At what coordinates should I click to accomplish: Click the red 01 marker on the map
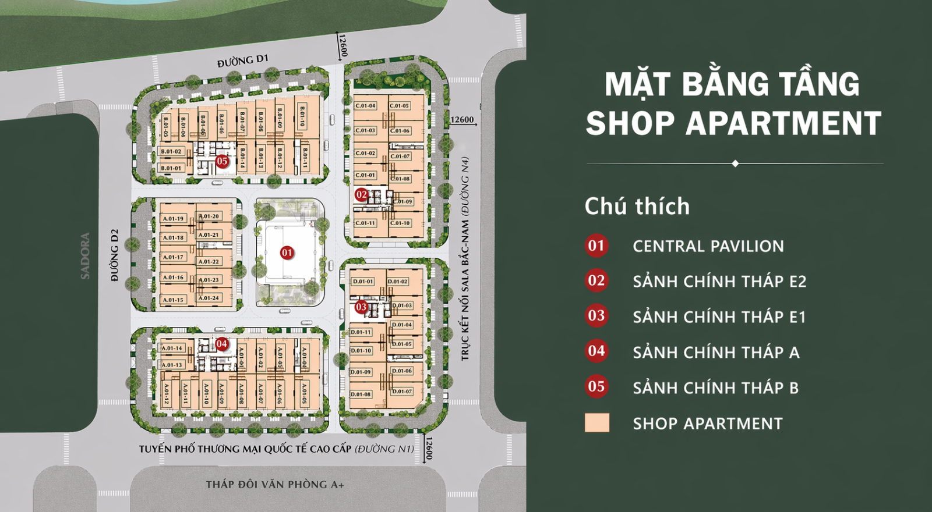click(x=287, y=253)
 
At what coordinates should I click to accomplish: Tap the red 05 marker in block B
click(x=222, y=161)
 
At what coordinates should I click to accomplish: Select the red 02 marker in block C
click(x=362, y=195)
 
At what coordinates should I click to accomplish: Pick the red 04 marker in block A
click(x=221, y=344)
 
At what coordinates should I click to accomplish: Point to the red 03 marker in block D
click(x=361, y=307)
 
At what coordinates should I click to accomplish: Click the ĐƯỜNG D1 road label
click(x=243, y=61)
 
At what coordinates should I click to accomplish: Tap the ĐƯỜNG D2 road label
click(x=115, y=255)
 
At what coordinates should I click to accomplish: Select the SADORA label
click(x=85, y=256)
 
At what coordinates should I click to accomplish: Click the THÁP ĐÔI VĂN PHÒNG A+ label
click(x=275, y=484)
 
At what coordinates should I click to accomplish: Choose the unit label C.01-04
click(x=366, y=106)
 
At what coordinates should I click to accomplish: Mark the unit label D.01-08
click(x=361, y=394)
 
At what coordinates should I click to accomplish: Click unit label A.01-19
click(x=173, y=219)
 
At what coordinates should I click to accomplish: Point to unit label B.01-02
click(x=171, y=151)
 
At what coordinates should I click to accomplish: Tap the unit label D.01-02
click(x=398, y=282)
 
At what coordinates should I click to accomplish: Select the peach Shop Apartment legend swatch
click(x=597, y=423)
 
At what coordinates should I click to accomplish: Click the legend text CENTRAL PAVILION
click(x=708, y=246)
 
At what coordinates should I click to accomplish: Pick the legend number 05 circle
click(x=596, y=386)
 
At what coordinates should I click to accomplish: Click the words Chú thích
click(x=637, y=207)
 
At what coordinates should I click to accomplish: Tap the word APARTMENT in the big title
click(x=783, y=123)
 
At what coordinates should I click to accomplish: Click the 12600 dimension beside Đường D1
click(x=343, y=46)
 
